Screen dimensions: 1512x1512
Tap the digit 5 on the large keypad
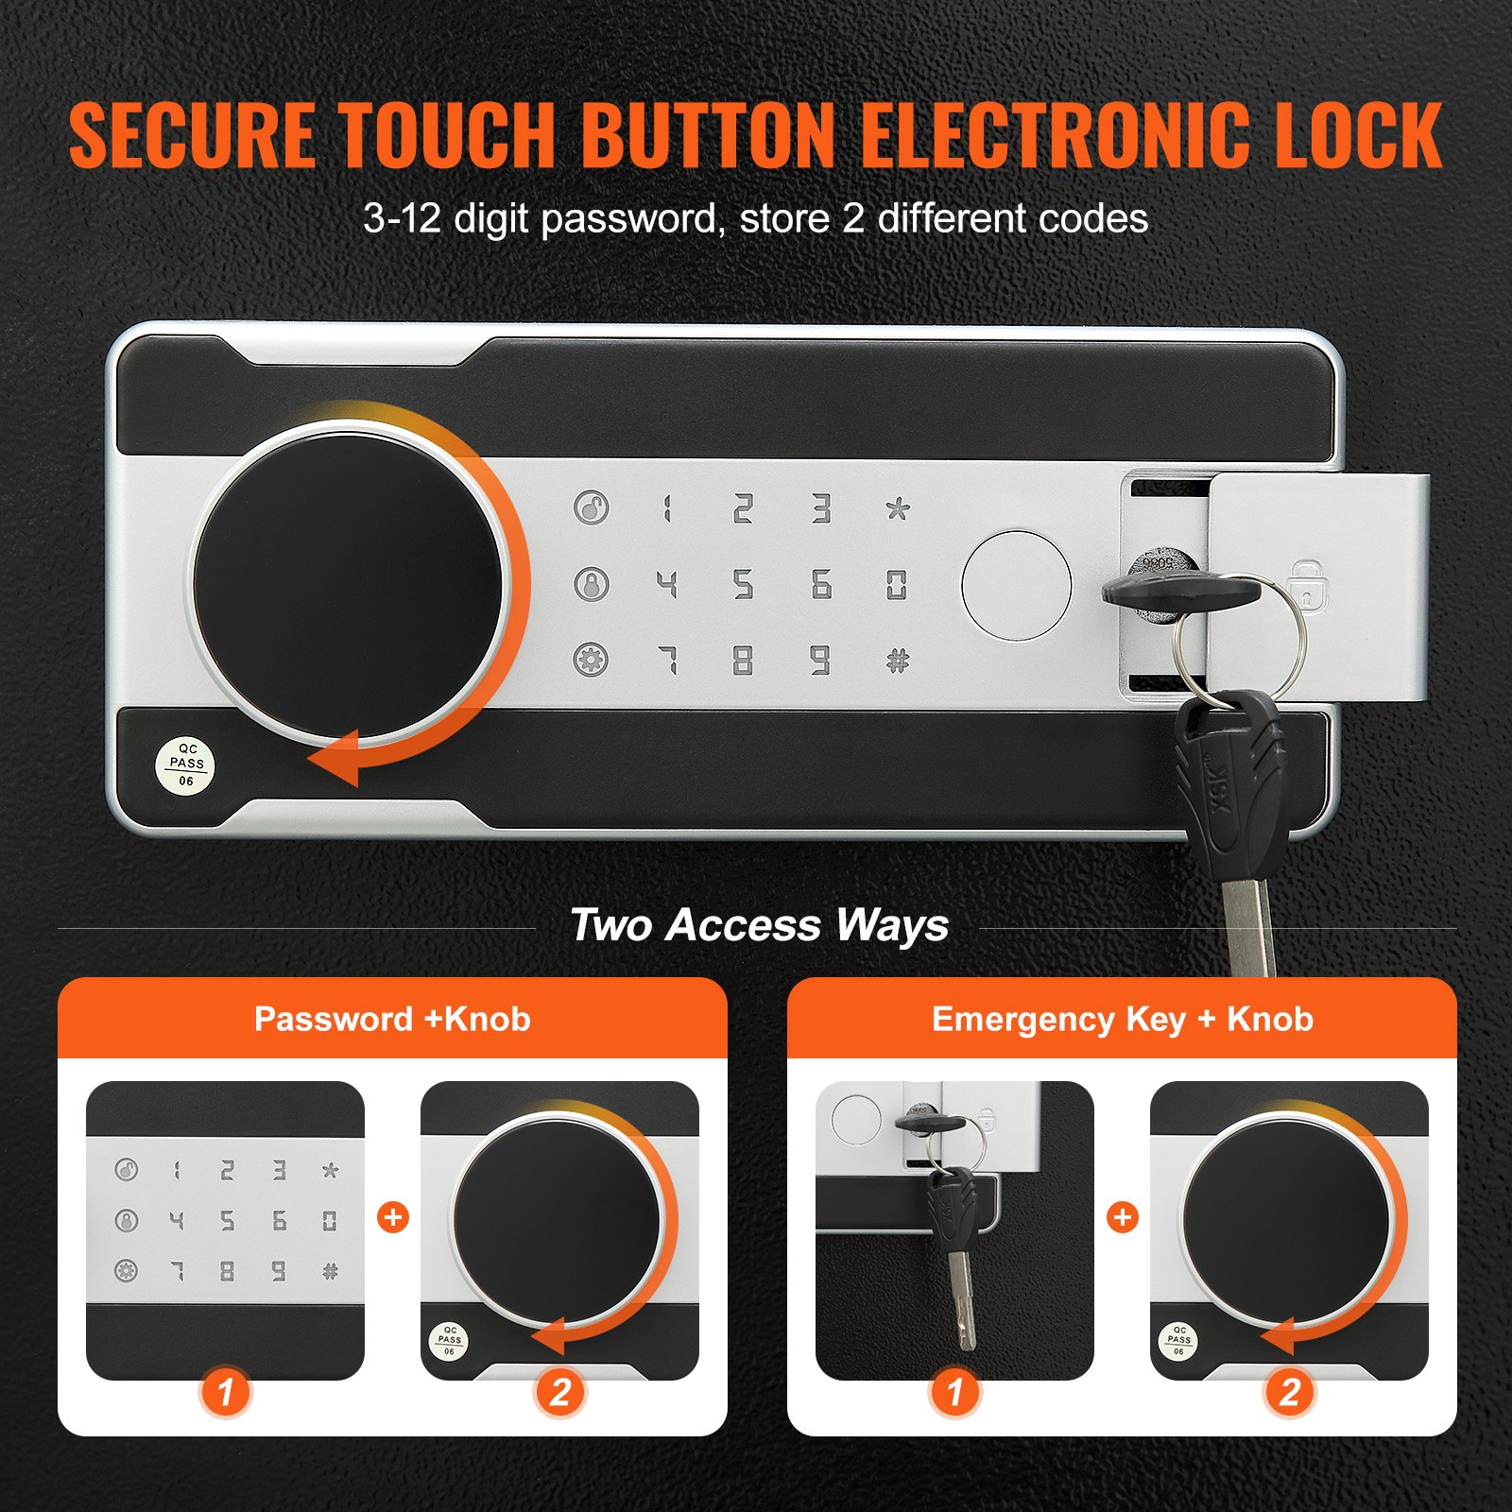coord(744,585)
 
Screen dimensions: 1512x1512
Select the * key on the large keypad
coord(898,509)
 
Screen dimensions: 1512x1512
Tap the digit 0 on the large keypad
coord(896,585)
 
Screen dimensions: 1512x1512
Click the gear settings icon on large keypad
coord(592,660)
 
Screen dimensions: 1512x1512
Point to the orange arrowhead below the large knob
coord(335,758)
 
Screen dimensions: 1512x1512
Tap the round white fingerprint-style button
coord(1016,586)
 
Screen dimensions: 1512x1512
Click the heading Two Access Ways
coord(759,924)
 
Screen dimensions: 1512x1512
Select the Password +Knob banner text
coord(392,1019)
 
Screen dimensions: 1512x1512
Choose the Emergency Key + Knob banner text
coord(1122,1019)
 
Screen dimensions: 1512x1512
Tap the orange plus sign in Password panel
coord(393,1217)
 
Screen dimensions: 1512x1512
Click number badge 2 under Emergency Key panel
coord(1289,1392)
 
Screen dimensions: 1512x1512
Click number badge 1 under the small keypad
coord(225,1392)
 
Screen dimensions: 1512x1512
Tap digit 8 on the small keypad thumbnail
coord(228,1271)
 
